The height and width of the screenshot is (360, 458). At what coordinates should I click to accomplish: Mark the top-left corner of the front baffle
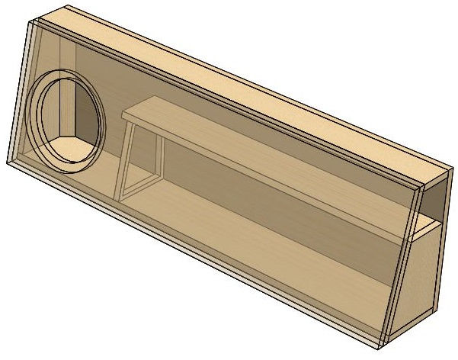[x=31, y=23]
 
